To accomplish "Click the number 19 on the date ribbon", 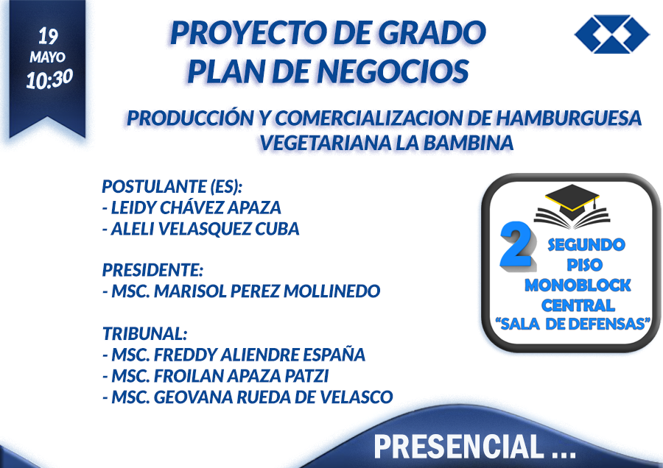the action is [x=48, y=36].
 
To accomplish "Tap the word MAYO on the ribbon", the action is [x=47, y=57].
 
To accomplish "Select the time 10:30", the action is [x=49, y=79].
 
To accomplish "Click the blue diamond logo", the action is [x=612, y=34].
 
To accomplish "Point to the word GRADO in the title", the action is [x=432, y=32].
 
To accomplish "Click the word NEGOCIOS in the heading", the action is [x=393, y=71].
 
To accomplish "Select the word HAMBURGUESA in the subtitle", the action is [x=569, y=118].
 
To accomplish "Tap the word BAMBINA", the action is [x=469, y=143].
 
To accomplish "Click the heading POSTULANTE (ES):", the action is [x=172, y=186].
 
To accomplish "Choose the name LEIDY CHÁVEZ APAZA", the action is [x=196, y=208].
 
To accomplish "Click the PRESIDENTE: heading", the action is [x=152, y=270].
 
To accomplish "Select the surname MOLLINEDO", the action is [x=331, y=291].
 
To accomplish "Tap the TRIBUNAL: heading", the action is [x=144, y=333].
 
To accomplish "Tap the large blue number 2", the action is [x=516, y=245].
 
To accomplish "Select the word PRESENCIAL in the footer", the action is [x=459, y=447].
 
